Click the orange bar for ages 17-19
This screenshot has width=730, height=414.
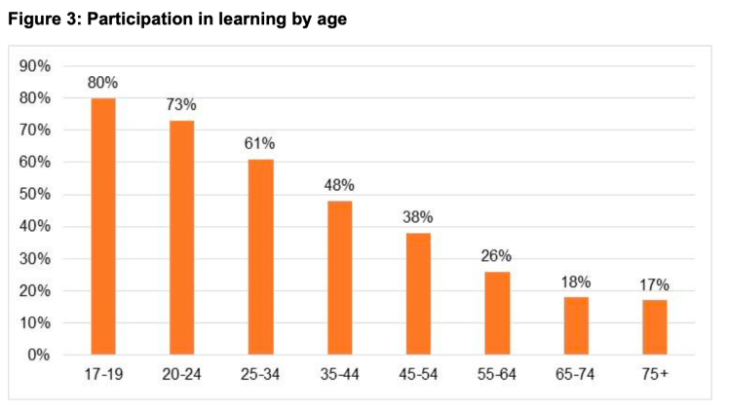tap(103, 226)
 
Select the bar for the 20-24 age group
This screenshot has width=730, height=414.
tap(182, 237)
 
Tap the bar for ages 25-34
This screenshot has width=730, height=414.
tap(260, 256)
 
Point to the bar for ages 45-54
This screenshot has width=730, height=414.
tap(417, 293)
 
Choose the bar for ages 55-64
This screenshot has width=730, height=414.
tap(496, 313)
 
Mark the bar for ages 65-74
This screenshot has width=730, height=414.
tap(575, 325)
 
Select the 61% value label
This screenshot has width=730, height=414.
tap(260, 145)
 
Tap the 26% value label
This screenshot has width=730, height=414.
tap(496, 257)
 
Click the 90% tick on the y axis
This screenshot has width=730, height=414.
tap(37, 66)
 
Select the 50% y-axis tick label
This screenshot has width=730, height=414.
tap(37, 195)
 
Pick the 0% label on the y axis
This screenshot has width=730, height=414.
tap(41, 355)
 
